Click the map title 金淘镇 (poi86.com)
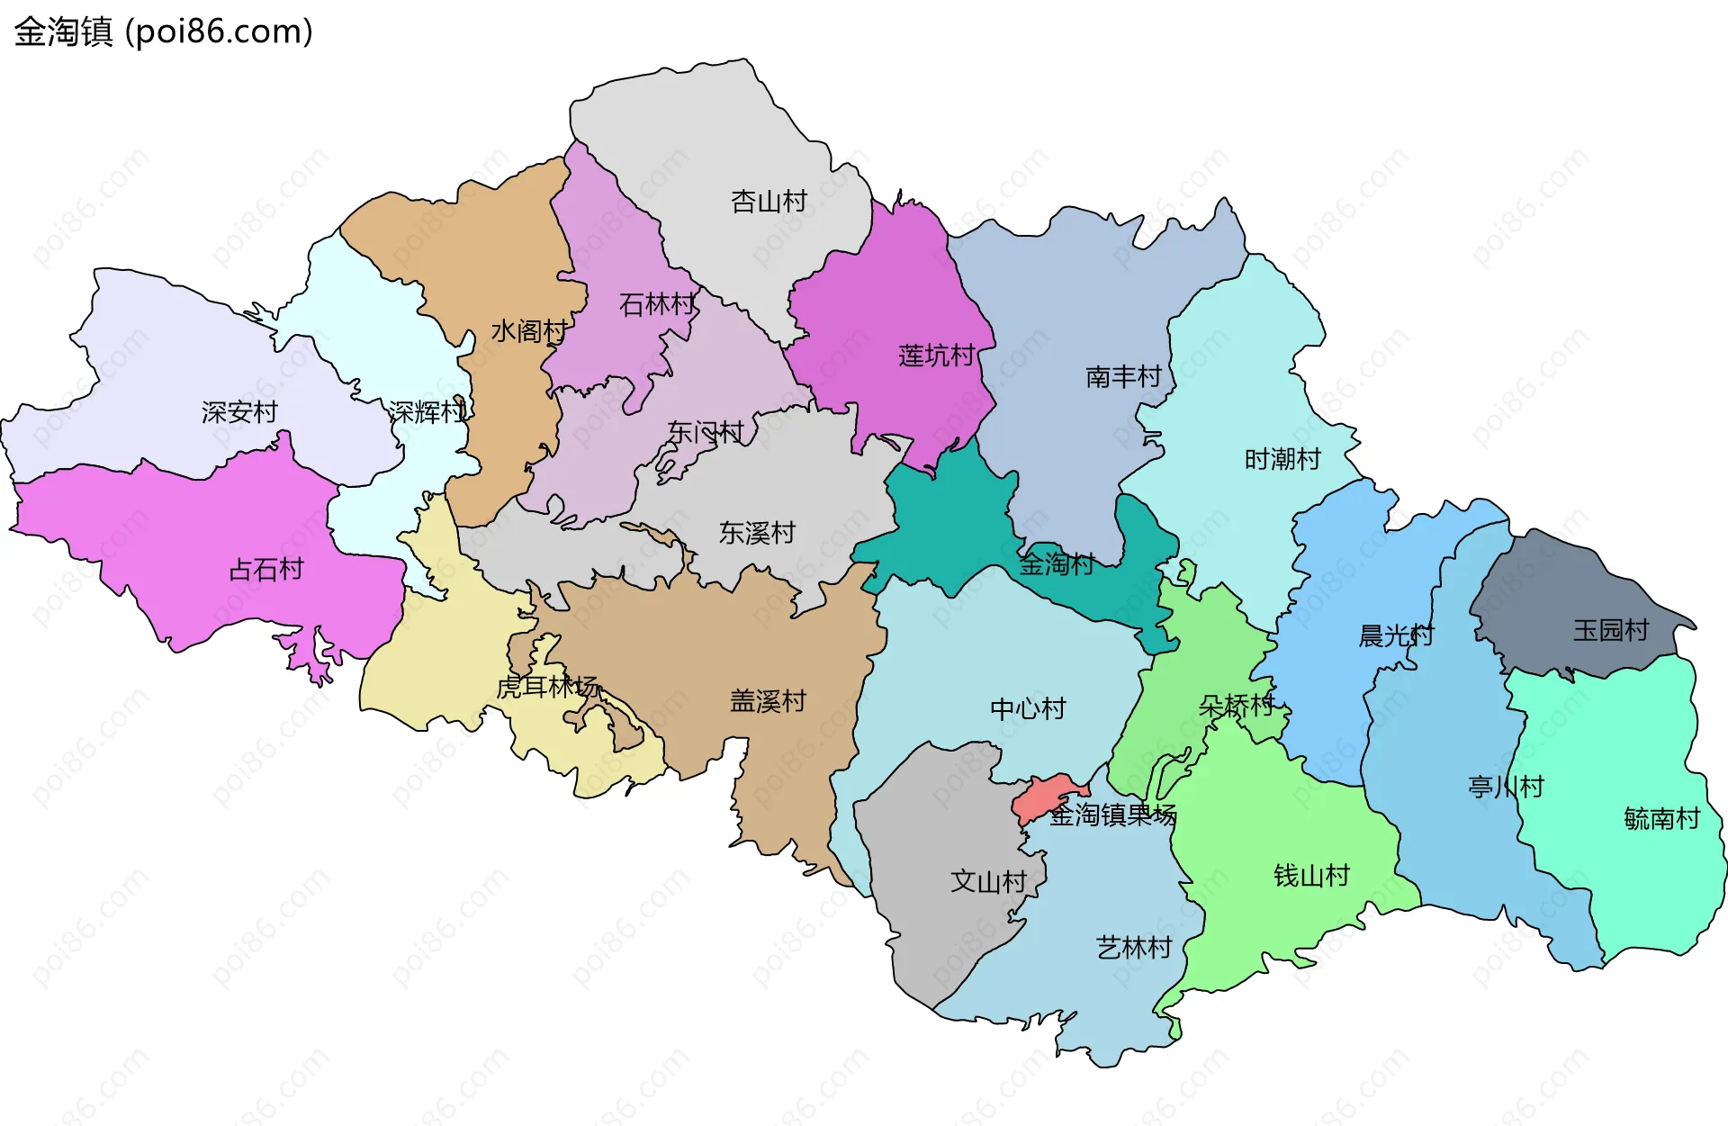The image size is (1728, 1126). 163,32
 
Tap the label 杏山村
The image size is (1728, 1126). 769,202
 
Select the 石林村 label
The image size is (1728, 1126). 657,305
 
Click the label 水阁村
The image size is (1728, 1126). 528,331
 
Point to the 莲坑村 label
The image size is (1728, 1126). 936,356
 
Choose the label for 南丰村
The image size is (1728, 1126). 1123,376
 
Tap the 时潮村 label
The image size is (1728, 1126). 1282,459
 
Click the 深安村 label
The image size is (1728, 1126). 239,412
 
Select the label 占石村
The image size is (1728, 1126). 266,569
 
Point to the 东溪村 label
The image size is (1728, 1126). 757,533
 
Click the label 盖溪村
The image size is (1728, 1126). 768,701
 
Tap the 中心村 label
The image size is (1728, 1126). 1028,709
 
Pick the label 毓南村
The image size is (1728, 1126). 1661,818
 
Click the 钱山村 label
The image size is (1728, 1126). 1311,875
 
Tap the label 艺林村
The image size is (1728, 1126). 1134,947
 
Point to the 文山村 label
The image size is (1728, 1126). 988,881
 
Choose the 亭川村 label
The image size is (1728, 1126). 1506,787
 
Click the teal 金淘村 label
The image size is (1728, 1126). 1057,564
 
